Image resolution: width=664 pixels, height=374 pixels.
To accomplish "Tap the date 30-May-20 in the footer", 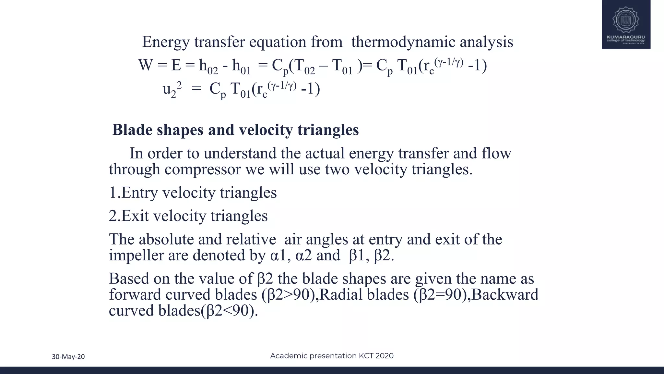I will click(x=68, y=357).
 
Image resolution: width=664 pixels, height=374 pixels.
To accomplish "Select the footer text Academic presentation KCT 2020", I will click(x=332, y=356).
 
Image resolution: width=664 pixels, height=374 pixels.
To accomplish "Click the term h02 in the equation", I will click(x=208, y=67).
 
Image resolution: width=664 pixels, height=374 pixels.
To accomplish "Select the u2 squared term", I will click(x=172, y=89).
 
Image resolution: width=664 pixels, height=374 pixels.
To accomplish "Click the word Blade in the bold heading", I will click(x=132, y=130).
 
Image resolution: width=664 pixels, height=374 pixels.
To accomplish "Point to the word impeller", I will click(x=136, y=256).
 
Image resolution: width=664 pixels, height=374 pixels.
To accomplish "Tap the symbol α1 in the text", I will click(x=278, y=256).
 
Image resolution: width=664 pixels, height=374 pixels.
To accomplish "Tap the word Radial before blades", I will click(x=341, y=295).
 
